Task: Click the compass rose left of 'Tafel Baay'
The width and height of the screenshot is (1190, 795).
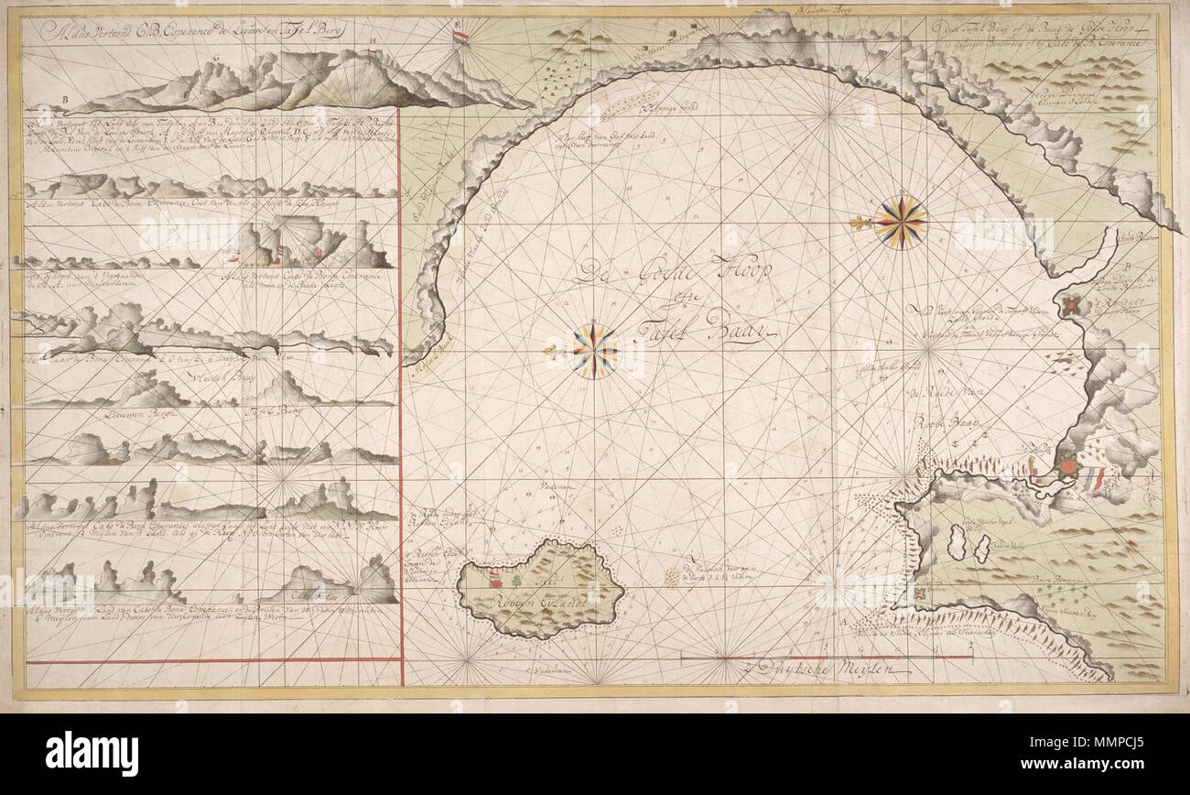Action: (593, 351)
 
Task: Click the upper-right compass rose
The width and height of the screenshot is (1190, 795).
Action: (901, 223)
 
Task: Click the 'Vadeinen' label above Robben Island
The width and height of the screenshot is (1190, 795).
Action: (556, 488)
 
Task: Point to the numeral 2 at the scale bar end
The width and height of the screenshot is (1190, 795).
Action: (971, 647)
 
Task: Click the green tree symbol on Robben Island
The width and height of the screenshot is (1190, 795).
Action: (517, 580)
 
